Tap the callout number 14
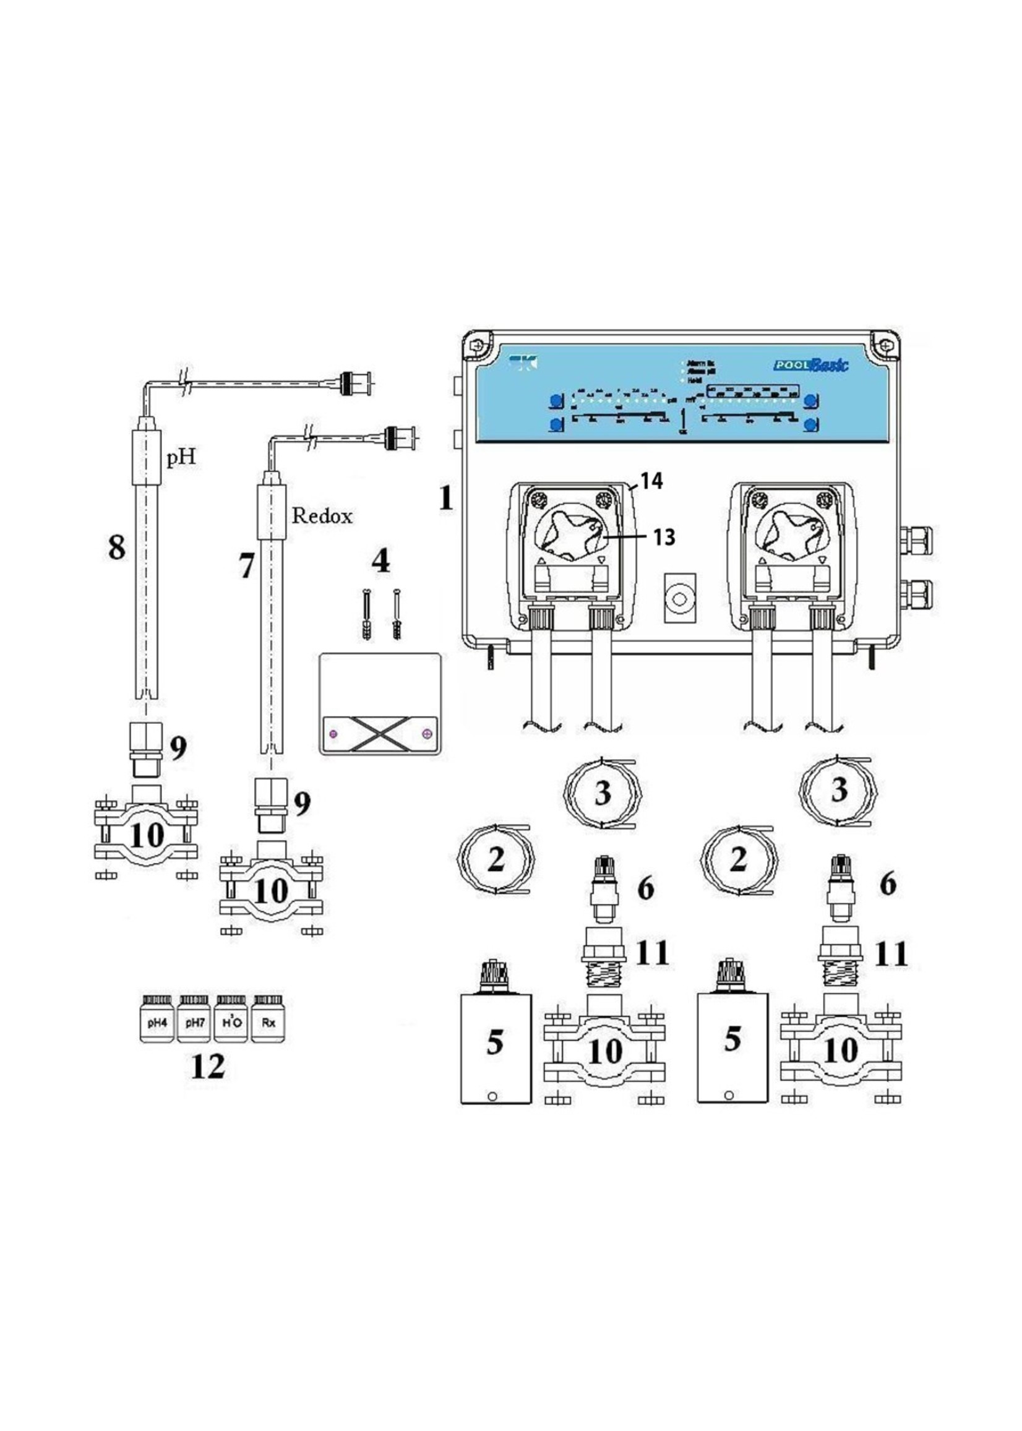pos(652,481)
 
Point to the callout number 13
pos(664,537)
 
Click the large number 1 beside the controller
pos(445,499)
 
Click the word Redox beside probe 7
pos(322,516)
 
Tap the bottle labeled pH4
pos(157,1023)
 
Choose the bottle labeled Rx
pos(268,1023)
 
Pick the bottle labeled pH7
pos(194,1023)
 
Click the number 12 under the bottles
pos(207,1066)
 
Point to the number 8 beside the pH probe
pos(116,548)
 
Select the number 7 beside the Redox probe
pos(247,566)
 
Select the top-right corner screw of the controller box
pos(885,346)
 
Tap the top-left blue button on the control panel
pos(556,400)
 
